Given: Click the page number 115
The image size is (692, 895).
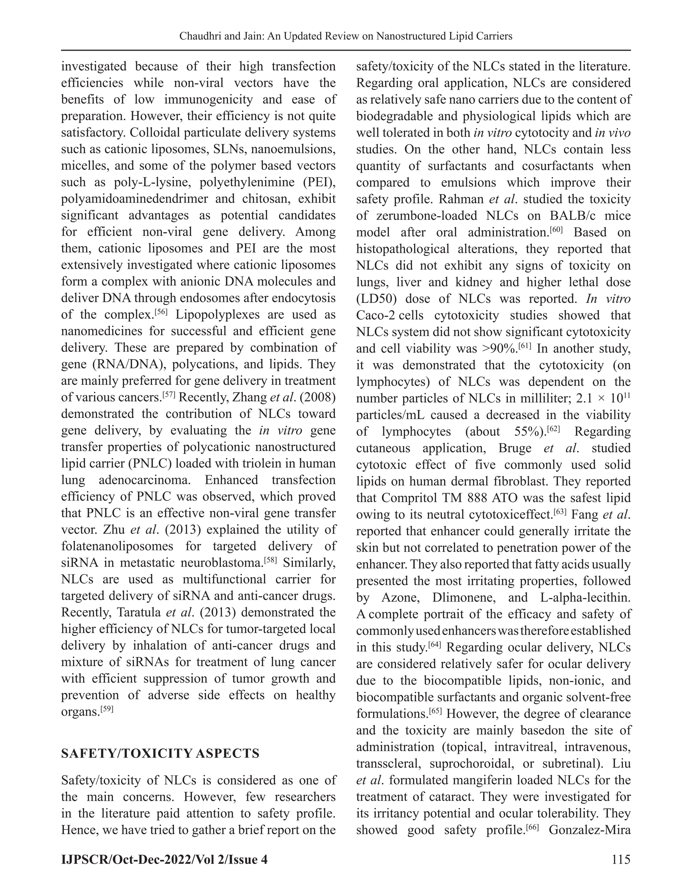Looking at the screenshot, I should tap(621, 859).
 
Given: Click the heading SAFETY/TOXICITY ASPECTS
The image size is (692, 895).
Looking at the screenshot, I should tap(160, 753).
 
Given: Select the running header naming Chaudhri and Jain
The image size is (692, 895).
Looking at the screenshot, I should tap(346, 36).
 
